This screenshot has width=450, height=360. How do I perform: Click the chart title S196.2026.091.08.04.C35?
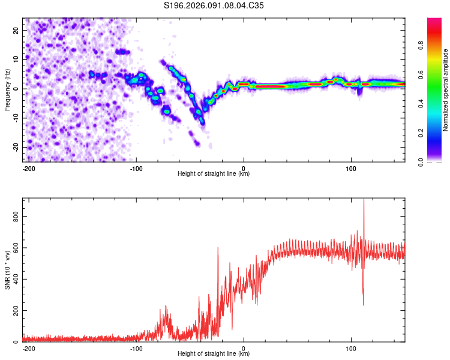coord(214,5)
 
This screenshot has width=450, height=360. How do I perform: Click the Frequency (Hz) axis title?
coord(7,89)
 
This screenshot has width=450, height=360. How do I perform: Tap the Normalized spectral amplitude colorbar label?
coord(446,90)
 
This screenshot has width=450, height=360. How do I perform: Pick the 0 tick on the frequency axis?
coord(17,88)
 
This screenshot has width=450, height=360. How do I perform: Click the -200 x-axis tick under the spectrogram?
coord(28,167)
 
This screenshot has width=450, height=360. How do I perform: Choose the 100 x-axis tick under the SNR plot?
coord(351,347)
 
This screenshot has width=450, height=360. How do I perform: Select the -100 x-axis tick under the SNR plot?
coord(136,347)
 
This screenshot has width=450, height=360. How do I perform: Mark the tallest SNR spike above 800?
coord(363,200)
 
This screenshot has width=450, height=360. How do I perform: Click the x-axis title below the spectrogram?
coord(214,174)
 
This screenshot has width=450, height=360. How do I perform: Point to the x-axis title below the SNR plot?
coord(214,354)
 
